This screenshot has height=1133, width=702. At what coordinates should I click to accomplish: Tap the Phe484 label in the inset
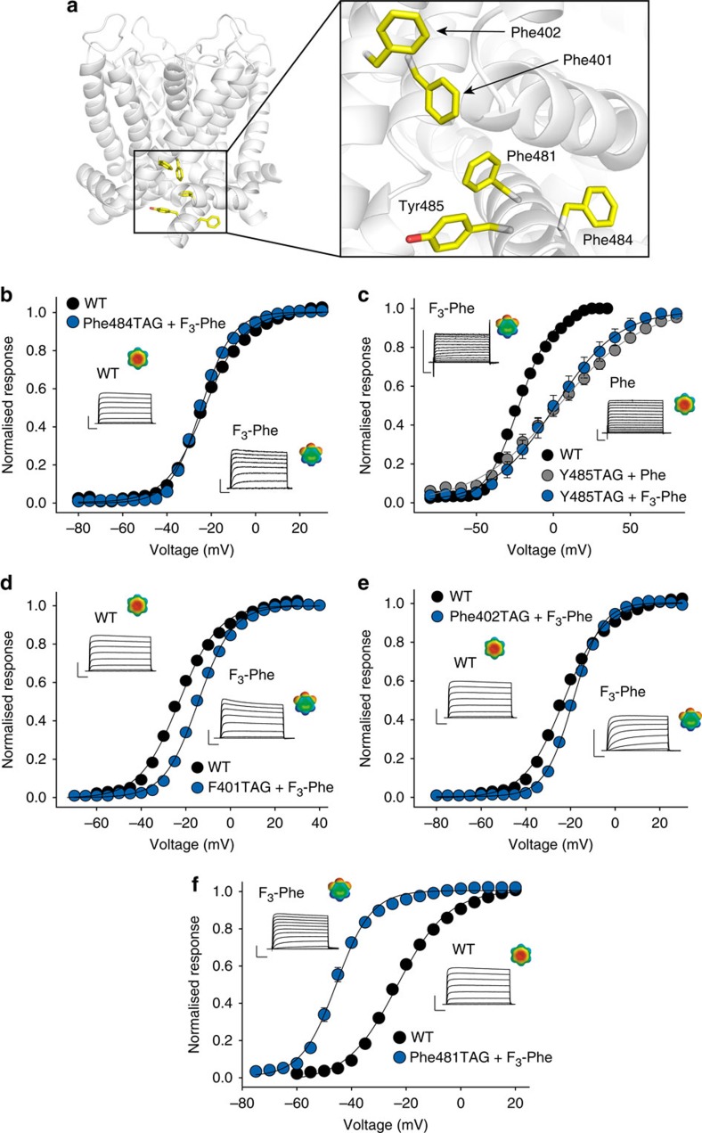click(x=608, y=240)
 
